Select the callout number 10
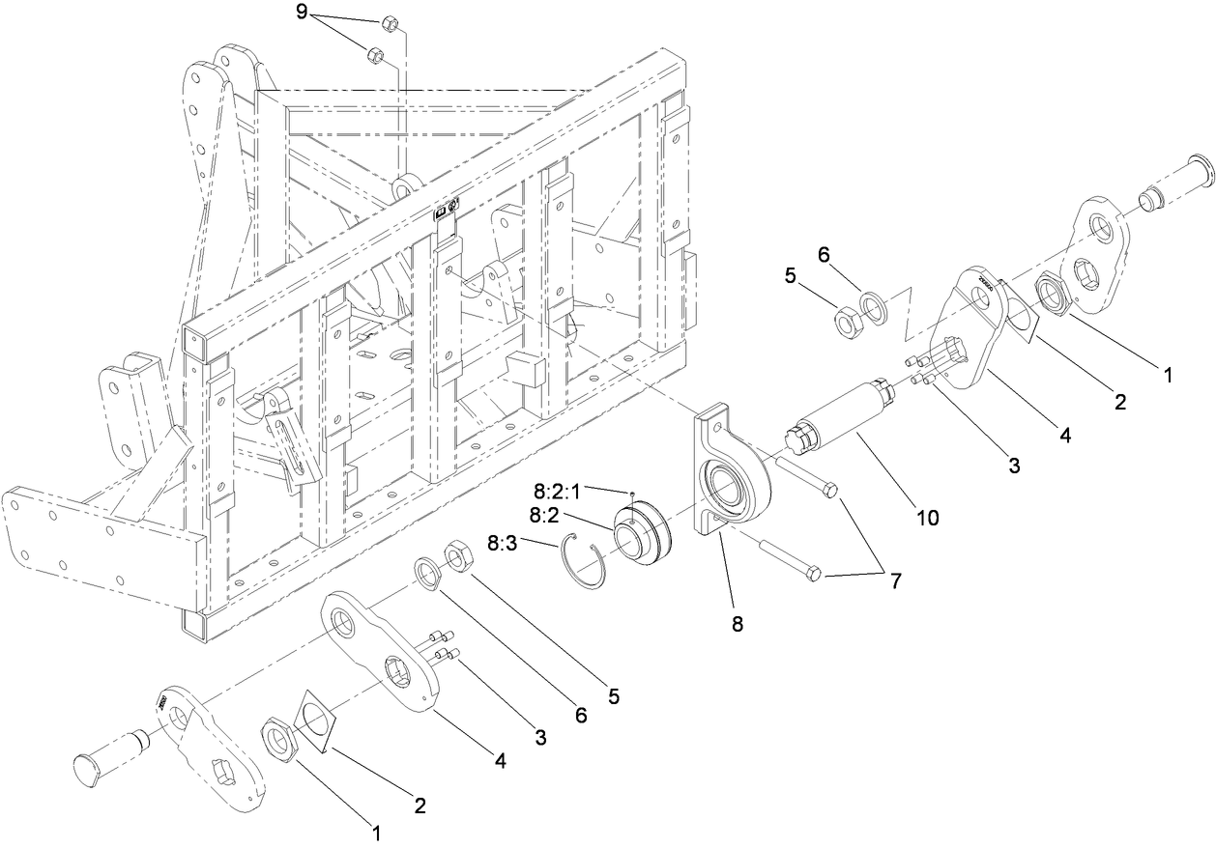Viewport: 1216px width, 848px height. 927,518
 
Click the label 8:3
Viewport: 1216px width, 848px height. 502,545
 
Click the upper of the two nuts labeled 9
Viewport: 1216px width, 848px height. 387,23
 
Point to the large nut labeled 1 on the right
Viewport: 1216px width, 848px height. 1055,293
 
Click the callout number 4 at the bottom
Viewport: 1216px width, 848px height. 501,760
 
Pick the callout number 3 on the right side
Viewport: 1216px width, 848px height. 1014,465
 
